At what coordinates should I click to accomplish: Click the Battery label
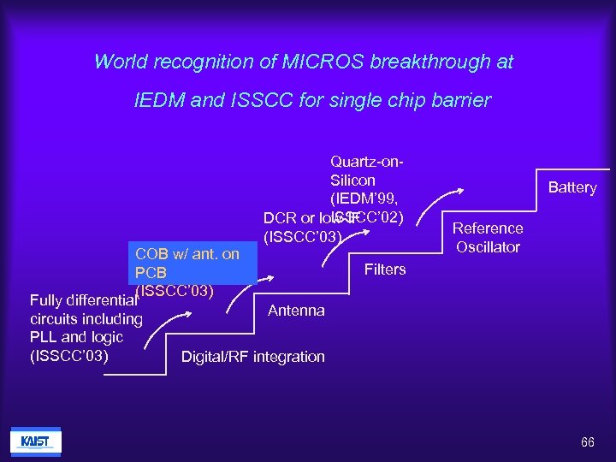[x=572, y=187]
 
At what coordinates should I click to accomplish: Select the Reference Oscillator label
[x=488, y=238]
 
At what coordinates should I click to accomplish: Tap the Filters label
[x=385, y=269]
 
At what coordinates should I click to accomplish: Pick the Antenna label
[x=296, y=311]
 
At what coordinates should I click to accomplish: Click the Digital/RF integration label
[x=253, y=357]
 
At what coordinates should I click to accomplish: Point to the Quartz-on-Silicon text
[x=366, y=170]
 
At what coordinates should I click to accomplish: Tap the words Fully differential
[x=83, y=300]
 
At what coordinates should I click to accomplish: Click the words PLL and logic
[x=76, y=337]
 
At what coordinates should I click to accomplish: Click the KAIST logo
[x=36, y=442]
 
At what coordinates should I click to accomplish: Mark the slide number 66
[x=587, y=442]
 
